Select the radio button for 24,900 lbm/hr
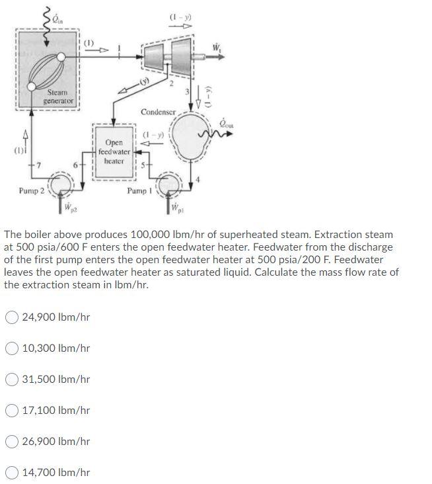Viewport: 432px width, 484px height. tap(11, 317)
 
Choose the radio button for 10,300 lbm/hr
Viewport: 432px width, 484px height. tap(11, 348)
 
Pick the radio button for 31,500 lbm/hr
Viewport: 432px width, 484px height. tap(11, 380)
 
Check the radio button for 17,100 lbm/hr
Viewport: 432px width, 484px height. tap(11, 411)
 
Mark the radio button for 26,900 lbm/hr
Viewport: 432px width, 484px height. tap(11, 442)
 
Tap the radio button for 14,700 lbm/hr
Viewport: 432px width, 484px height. tap(11, 473)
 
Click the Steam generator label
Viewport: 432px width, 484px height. tap(59, 97)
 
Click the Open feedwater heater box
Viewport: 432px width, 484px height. tap(114, 151)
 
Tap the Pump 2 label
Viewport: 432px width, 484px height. tap(30, 191)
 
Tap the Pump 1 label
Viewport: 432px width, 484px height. tap(139, 191)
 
